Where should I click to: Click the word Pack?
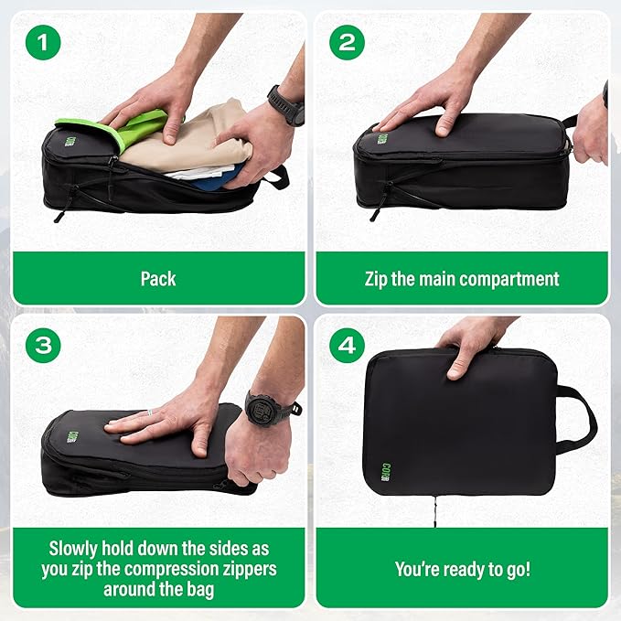pyautogui.click(x=157, y=278)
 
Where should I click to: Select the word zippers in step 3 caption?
pyautogui.click(x=248, y=570)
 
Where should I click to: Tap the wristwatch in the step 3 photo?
pyautogui.click(x=272, y=409)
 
